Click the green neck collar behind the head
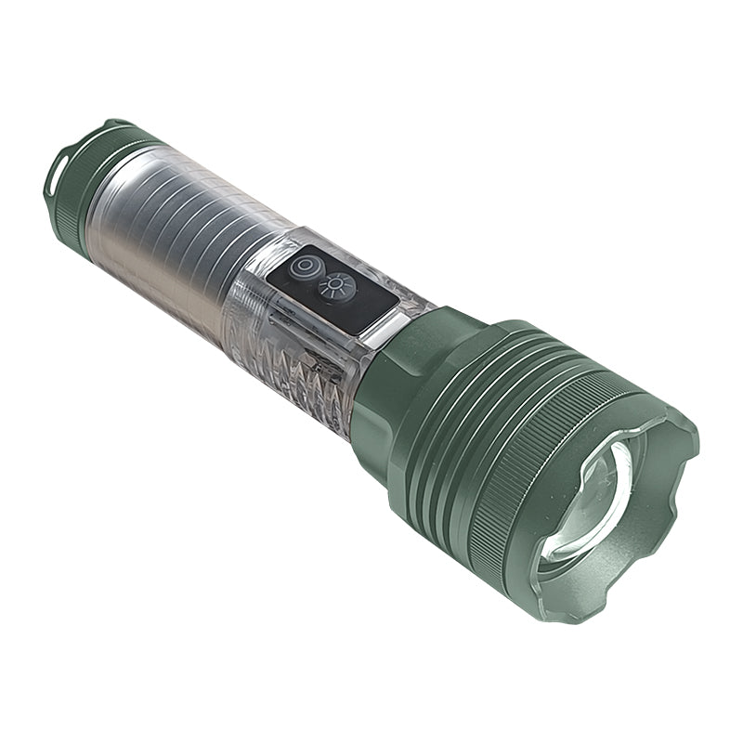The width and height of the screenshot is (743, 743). (390, 390)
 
